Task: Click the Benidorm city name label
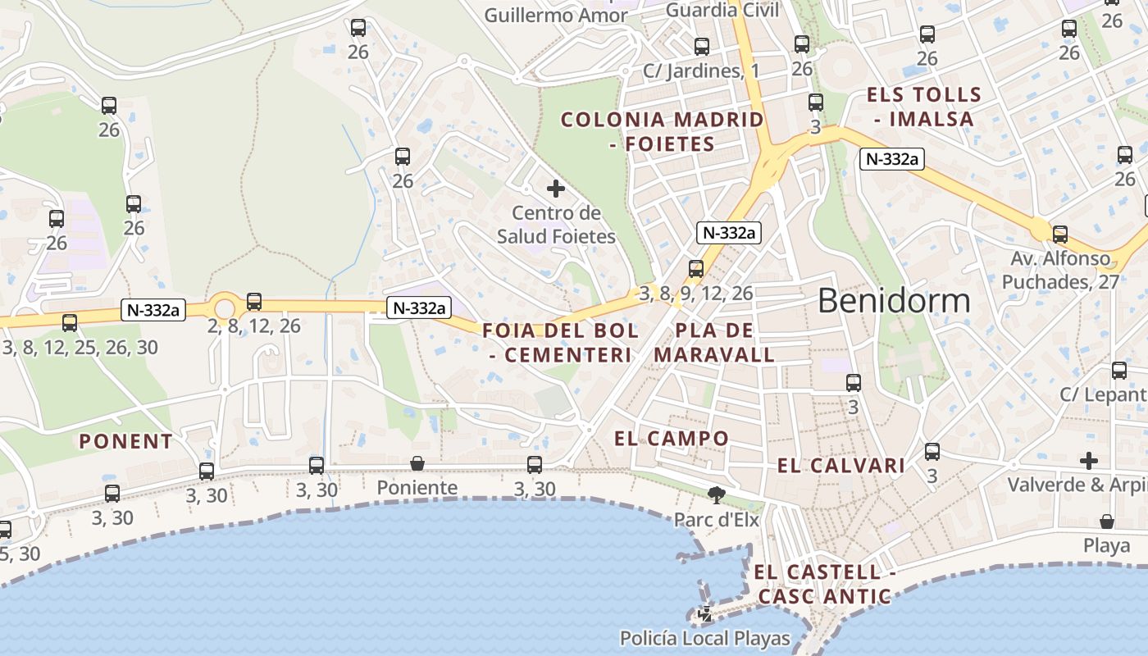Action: point(894,301)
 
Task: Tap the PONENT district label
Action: point(126,441)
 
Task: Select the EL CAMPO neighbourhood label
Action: point(672,439)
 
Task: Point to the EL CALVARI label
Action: point(841,466)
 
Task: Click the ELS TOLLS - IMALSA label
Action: point(923,107)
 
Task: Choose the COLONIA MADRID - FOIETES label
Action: point(663,131)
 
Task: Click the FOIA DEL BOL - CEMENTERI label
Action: point(561,343)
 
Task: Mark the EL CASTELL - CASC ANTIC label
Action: point(824,584)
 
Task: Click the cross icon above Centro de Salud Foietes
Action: point(556,189)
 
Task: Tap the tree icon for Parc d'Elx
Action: point(717,494)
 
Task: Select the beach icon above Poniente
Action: point(417,464)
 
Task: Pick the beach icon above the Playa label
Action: point(1106,522)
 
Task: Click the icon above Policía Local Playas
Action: point(704,613)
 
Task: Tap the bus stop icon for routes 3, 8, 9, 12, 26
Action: point(696,268)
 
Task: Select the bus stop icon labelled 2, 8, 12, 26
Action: point(254,302)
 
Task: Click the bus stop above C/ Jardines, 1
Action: point(701,47)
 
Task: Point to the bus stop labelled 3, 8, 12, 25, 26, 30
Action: point(70,323)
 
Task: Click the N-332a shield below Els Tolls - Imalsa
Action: point(891,159)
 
